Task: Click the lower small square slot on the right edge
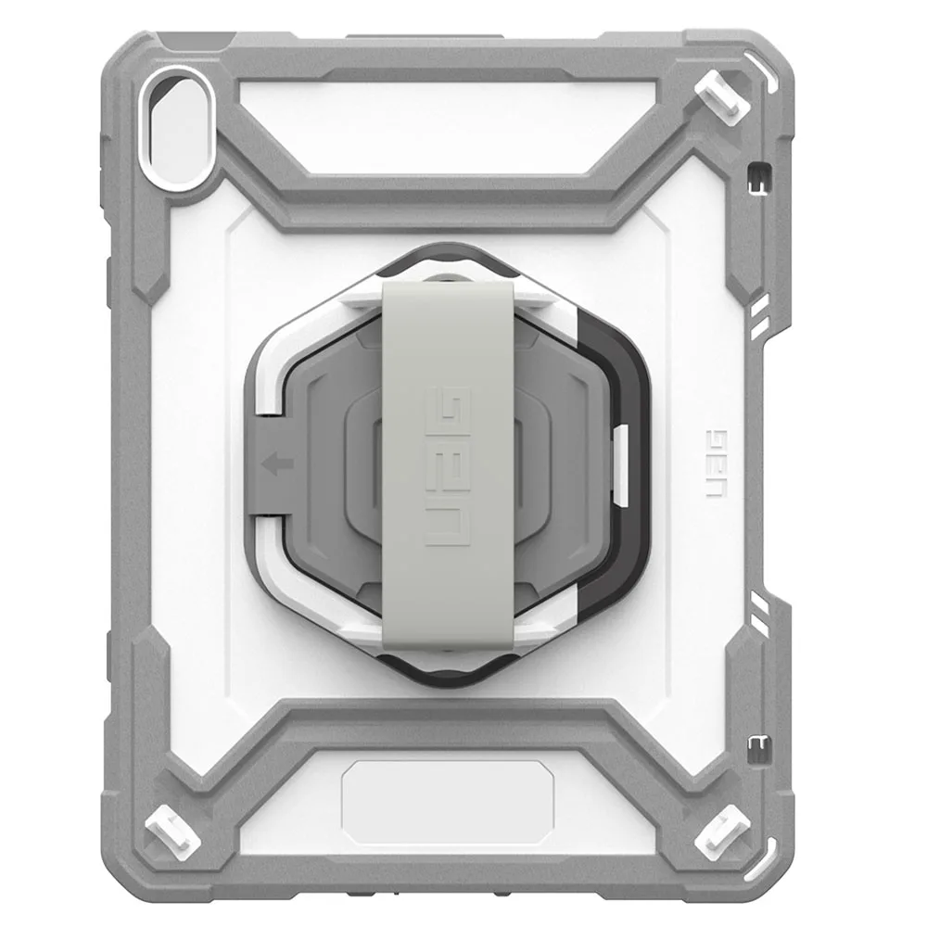pos(758,744)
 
